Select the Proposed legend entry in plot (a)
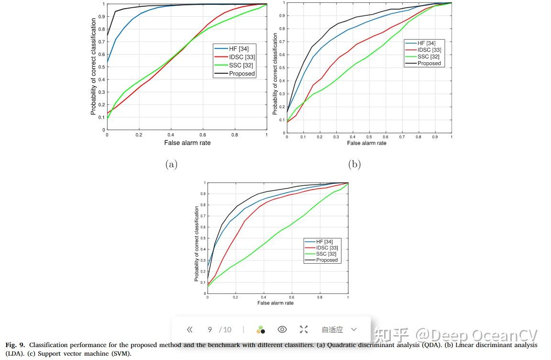pyautogui.click(x=242, y=74)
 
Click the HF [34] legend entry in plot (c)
pyautogui.click(x=324, y=242)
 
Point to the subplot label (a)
pyautogui.click(x=171, y=165)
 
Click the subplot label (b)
pyautogui.click(x=354, y=165)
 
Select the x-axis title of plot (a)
pyautogui.click(x=187, y=143)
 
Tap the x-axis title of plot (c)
pyautogui.click(x=275, y=303)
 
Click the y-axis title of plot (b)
pyautogui.click(x=275, y=74)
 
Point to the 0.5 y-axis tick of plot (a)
pyautogui.click(x=101, y=67)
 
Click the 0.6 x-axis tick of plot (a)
pyautogui.click(x=203, y=135)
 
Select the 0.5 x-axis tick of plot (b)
pyautogui.click(x=369, y=137)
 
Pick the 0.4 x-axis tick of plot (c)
pyautogui.click(x=264, y=298)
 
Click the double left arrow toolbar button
pyautogui.click(x=190, y=329)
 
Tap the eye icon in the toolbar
pyautogui.click(x=282, y=329)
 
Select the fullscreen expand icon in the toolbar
pyautogui.click(x=304, y=329)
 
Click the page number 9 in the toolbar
pyautogui.click(x=209, y=329)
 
